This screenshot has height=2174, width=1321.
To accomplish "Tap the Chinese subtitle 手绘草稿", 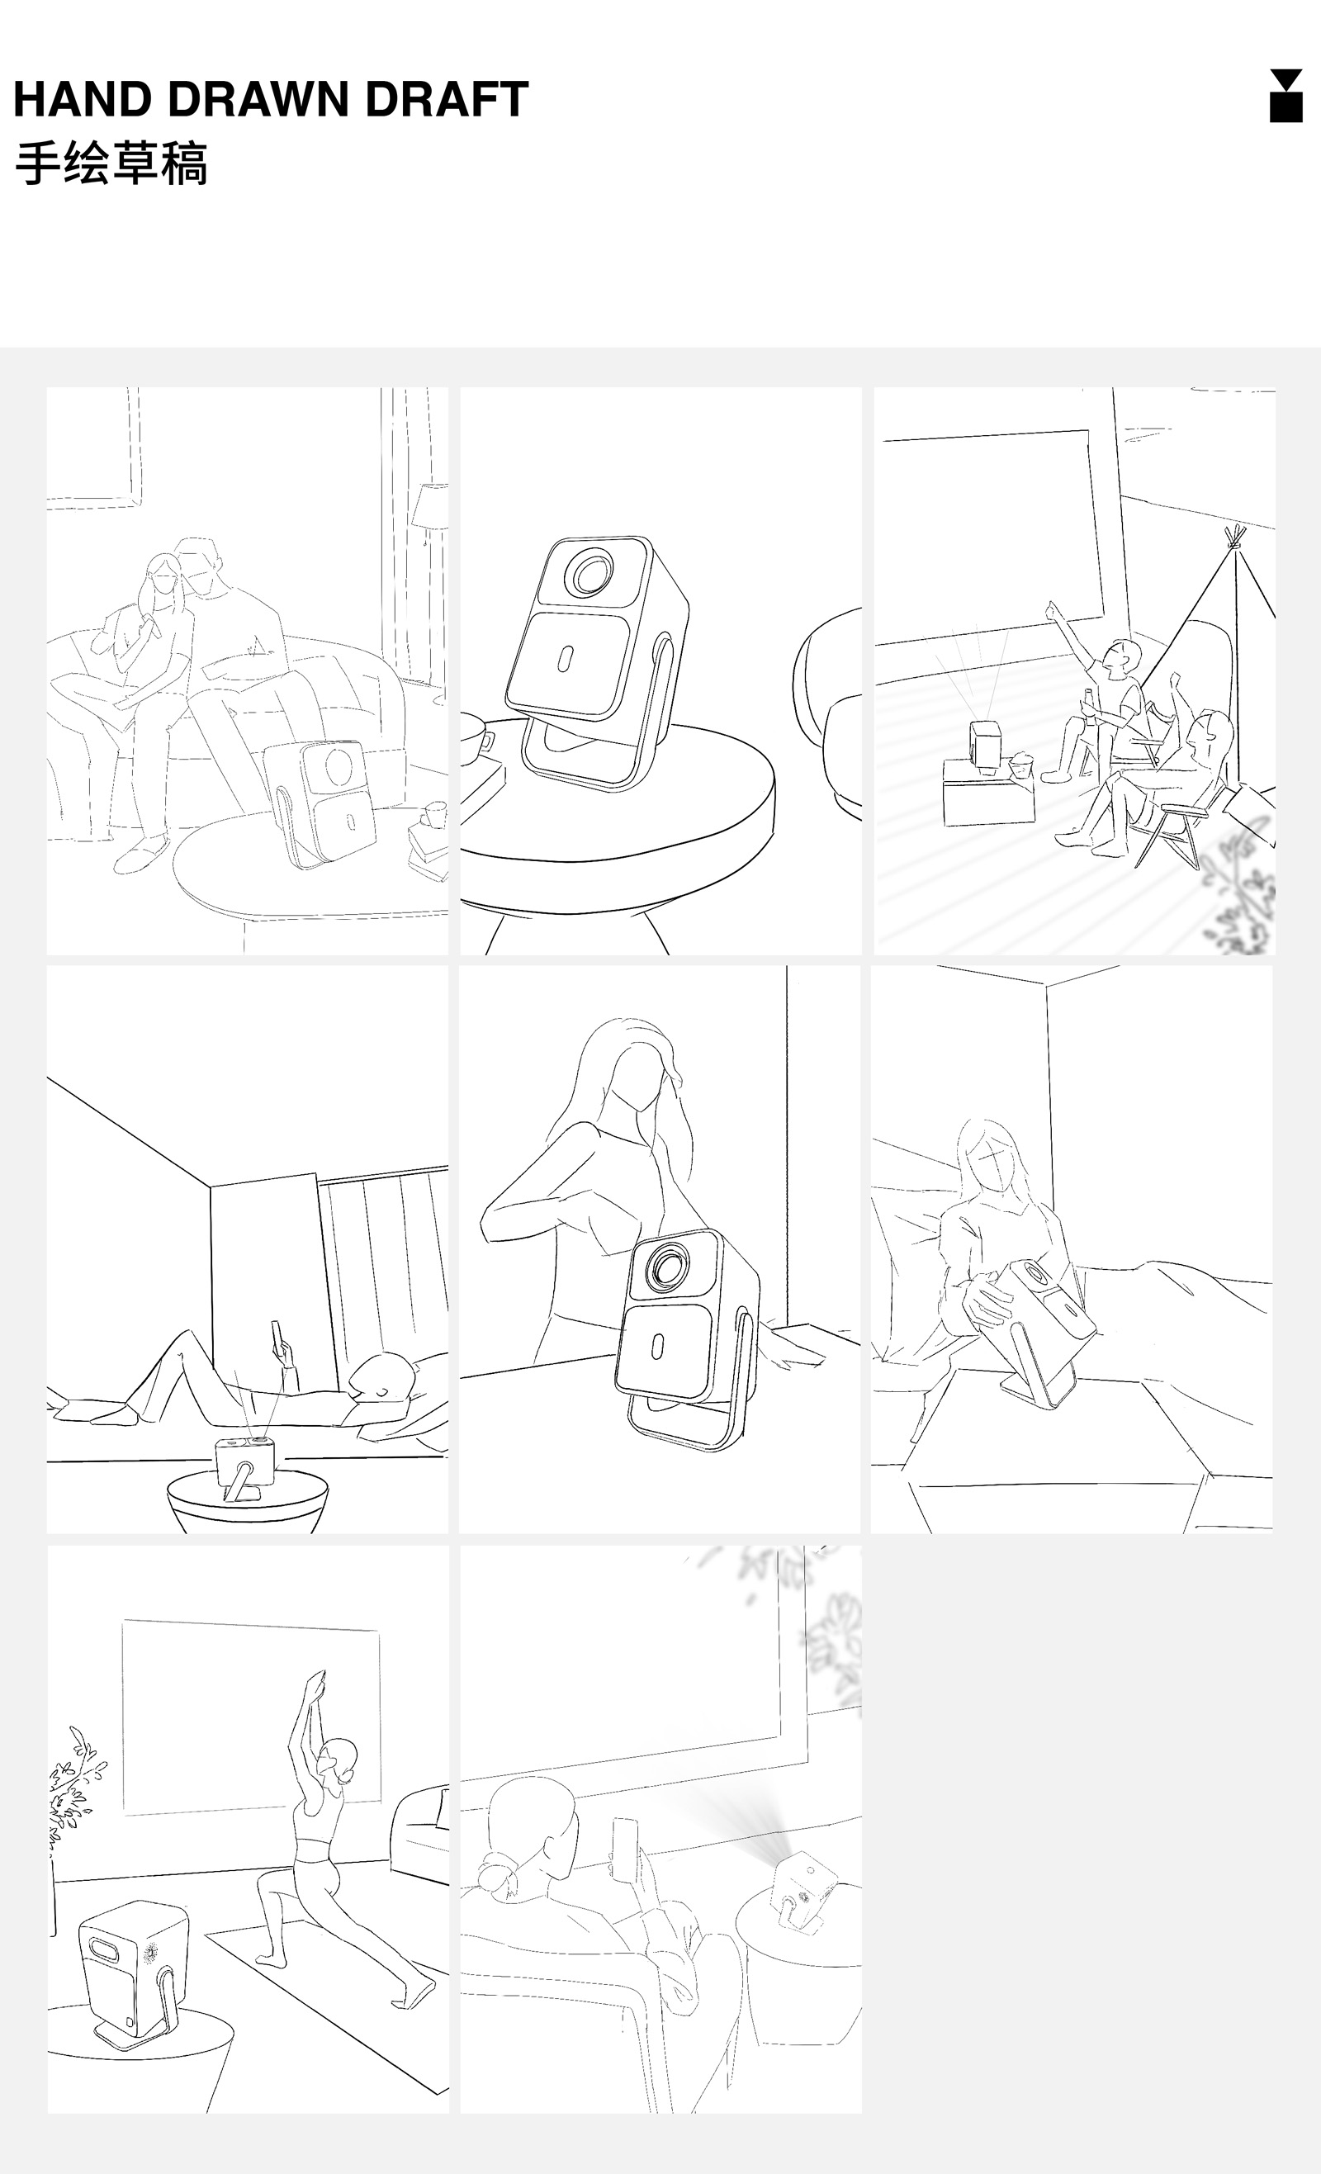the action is tap(111, 163).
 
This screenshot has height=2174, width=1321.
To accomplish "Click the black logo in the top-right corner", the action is tap(1285, 95).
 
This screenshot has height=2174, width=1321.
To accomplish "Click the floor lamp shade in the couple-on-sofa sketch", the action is tap(431, 506).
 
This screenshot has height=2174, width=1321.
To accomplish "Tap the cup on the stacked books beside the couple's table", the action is tap(435, 814).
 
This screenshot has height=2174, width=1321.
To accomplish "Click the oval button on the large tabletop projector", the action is tap(566, 658).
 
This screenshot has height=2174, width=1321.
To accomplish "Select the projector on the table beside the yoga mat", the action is tap(132, 1976).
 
